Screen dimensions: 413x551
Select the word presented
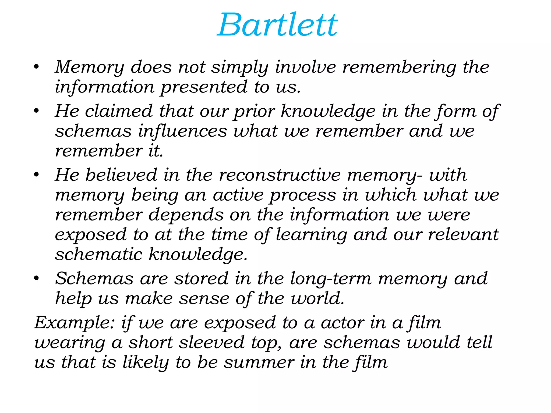coord(204,87)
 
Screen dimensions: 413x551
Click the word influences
coord(183,131)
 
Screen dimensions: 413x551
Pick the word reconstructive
coord(280,175)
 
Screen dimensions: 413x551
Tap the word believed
coord(121,175)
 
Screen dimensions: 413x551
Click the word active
coord(238,195)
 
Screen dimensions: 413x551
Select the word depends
coord(186,215)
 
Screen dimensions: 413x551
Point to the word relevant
coord(463,234)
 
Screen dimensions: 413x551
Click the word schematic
coord(98,254)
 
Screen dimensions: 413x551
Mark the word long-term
coord(331,279)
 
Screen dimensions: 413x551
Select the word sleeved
coord(212,343)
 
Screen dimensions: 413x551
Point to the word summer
coord(259,362)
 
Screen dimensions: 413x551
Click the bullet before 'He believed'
coord(36,175)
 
